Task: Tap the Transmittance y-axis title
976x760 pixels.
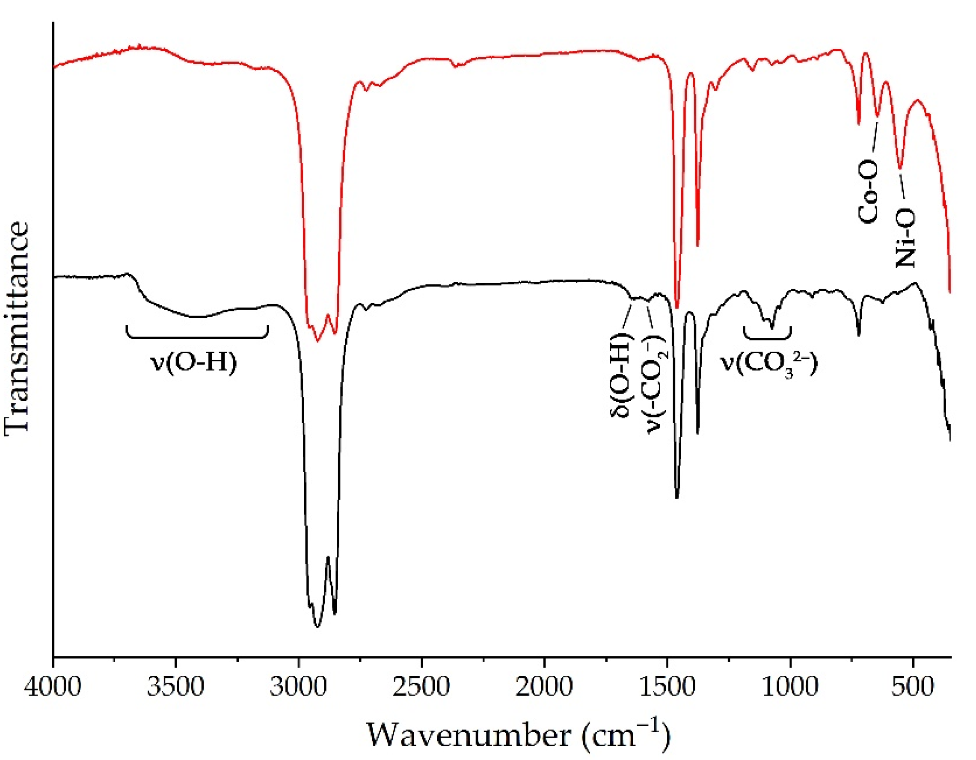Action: tap(17, 328)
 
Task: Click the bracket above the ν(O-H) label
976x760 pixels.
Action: tap(197, 333)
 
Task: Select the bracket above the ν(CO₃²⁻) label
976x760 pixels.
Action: tap(767, 334)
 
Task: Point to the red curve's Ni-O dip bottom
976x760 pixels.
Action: tap(900, 168)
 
